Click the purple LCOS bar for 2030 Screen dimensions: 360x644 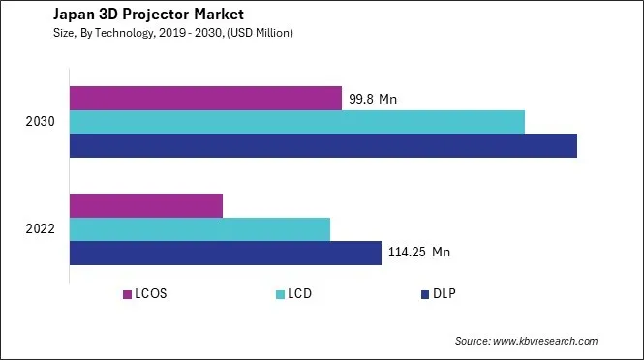point(205,98)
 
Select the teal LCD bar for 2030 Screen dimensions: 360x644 point(297,122)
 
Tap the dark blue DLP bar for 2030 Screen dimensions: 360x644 point(323,145)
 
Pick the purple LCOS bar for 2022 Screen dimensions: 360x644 point(146,205)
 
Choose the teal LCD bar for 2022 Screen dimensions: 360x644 point(200,229)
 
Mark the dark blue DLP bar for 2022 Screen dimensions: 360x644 point(226,253)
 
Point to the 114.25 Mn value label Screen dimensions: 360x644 point(419,253)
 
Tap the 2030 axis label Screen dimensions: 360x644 point(42,122)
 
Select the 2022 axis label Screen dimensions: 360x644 point(42,229)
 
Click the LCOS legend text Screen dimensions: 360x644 point(152,294)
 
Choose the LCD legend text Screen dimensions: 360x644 point(300,294)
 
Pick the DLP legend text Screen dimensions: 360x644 point(445,294)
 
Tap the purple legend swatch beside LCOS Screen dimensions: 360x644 point(127,294)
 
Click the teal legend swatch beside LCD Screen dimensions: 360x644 point(279,294)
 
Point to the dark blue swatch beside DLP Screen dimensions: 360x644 point(424,294)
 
